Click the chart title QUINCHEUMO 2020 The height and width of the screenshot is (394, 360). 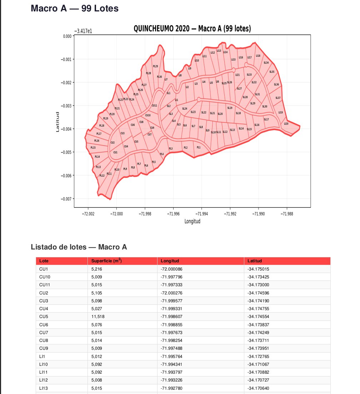[192, 29]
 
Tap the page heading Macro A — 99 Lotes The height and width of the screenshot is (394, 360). [75, 8]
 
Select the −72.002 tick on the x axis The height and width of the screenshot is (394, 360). [88, 214]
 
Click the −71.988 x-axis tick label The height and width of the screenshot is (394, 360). [287, 214]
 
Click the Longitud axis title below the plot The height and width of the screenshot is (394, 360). [192, 221]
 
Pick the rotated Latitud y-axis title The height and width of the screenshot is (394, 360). [57, 122]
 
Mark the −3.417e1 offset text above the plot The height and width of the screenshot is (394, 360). [83, 31]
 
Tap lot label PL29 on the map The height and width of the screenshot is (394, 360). [155, 66]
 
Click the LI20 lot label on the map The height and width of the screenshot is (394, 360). [286, 123]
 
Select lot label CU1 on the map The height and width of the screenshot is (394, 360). [115, 152]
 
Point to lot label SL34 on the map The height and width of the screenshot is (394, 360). [266, 62]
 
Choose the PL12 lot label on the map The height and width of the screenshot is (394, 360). [102, 176]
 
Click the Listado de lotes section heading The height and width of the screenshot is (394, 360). [79, 247]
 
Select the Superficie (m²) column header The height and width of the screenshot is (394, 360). [106, 261]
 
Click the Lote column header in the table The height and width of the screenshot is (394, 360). [44, 261]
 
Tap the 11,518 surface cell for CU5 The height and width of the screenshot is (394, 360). [97, 317]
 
